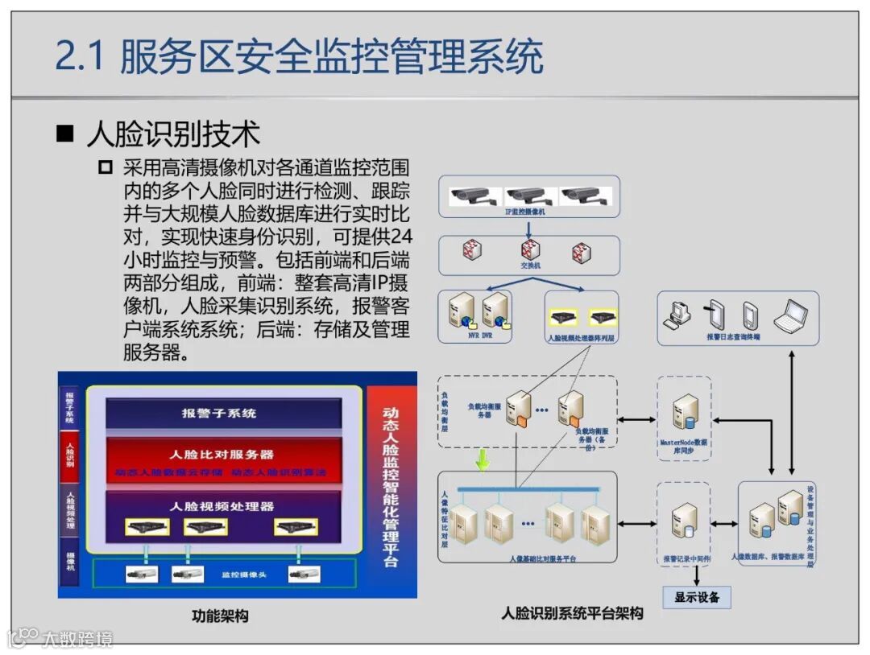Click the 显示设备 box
click(697, 597)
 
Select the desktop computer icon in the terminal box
click(676, 315)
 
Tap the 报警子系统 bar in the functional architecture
click(219, 413)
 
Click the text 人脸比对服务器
click(222, 454)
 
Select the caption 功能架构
click(220, 616)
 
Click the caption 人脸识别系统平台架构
click(572, 614)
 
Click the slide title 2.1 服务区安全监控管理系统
click(299, 58)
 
